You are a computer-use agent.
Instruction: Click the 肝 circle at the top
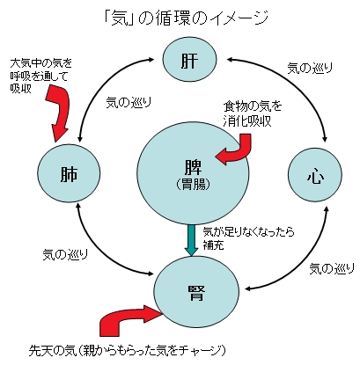click(x=189, y=60)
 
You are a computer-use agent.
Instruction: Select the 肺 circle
click(x=69, y=173)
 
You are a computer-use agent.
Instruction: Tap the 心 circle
click(x=315, y=175)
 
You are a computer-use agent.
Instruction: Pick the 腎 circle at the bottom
click(x=196, y=292)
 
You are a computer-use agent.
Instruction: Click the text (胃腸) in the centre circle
click(x=194, y=185)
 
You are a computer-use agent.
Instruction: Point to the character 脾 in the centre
click(x=194, y=168)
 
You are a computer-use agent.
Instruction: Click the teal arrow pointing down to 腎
click(x=191, y=240)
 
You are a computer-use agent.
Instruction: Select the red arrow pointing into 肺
click(x=60, y=112)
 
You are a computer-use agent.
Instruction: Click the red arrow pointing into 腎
click(x=126, y=318)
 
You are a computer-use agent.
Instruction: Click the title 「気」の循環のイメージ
click(x=187, y=18)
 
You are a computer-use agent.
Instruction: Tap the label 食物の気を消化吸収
click(x=252, y=114)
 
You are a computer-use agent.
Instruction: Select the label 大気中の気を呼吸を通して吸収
click(x=40, y=76)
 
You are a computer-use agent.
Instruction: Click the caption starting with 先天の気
click(x=128, y=349)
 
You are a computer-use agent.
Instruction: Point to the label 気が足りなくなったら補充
click(x=248, y=238)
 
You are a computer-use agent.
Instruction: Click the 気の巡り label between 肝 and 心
click(x=310, y=68)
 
